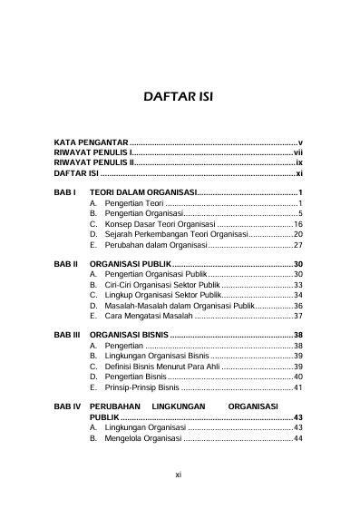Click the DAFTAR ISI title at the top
(x=180, y=97)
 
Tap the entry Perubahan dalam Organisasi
(x=155, y=245)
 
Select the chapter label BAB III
(x=68, y=335)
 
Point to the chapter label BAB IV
(x=68, y=407)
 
